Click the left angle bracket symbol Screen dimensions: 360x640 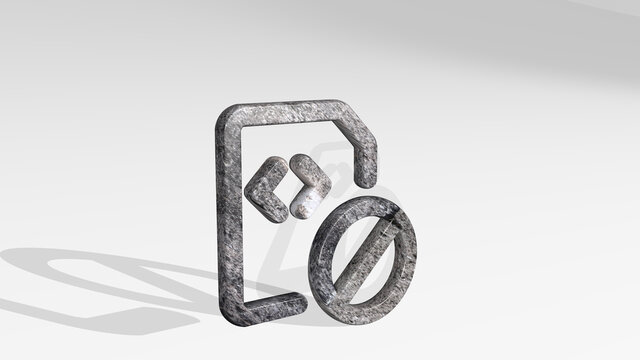point(258,187)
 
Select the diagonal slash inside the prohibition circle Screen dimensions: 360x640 point(365,256)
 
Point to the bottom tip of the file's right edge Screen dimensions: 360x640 point(369,182)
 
